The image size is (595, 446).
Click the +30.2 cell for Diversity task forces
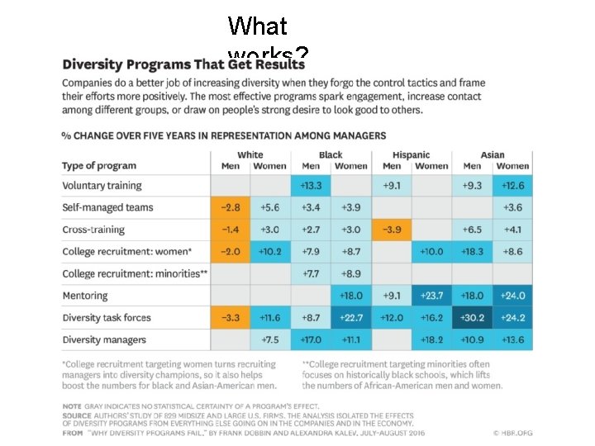tap(473, 317)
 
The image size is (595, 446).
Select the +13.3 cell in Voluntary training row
tap(311, 186)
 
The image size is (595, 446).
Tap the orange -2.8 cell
tap(231, 207)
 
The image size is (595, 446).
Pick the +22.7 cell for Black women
tap(351, 317)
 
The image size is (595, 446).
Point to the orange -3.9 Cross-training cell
tap(392, 230)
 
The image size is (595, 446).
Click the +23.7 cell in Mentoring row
tap(431, 295)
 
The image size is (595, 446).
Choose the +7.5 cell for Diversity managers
tap(270, 339)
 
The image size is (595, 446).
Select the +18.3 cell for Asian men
tap(473, 251)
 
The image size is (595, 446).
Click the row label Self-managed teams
tap(107, 207)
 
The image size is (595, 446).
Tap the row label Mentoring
tap(85, 295)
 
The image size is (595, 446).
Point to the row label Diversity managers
tap(104, 339)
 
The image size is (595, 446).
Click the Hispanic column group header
tap(411, 154)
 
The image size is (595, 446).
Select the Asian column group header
tap(493, 154)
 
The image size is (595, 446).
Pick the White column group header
tap(250, 154)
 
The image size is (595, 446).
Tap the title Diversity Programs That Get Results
tap(183, 64)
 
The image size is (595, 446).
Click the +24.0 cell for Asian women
tap(512, 295)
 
